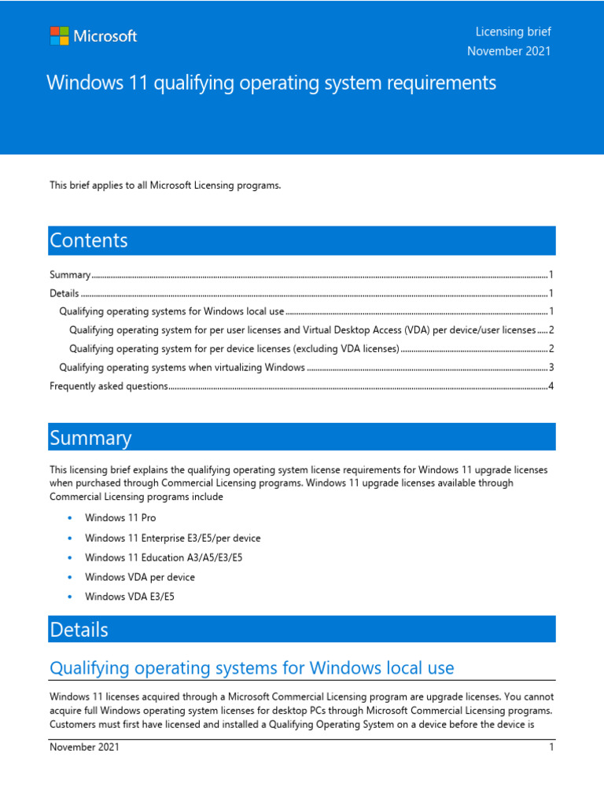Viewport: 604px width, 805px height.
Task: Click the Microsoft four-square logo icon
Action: tap(59, 36)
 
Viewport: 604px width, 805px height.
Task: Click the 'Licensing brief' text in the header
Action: tap(513, 31)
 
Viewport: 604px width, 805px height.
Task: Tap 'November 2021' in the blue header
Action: tap(509, 51)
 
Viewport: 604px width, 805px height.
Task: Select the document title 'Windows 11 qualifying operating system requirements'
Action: tap(271, 83)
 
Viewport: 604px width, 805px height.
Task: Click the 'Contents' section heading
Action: tap(89, 241)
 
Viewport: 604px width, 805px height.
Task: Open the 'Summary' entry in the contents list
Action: tap(70, 275)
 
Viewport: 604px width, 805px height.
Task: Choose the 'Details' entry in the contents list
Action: tap(64, 293)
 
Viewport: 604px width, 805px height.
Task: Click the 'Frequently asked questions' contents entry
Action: tap(109, 386)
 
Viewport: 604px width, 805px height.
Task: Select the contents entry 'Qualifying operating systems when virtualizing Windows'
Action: tap(182, 367)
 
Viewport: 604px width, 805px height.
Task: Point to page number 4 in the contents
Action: tap(551, 386)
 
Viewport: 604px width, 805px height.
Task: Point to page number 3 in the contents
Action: tap(551, 367)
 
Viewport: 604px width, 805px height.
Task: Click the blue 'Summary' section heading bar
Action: tap(302, 437)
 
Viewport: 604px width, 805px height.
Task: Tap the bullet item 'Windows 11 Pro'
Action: tap(120, 518)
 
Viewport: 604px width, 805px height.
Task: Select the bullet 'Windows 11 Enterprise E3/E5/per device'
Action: tap(172, 538)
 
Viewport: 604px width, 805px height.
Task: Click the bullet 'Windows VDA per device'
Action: tap(139, 577)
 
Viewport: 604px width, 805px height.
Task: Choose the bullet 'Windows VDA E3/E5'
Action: tap(129, 597)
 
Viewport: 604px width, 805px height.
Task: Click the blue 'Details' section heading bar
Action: tap(302, 629)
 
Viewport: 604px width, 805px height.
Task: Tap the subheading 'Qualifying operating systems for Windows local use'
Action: tap(252, 668)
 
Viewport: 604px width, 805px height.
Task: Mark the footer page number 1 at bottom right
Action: tap(551, 748)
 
